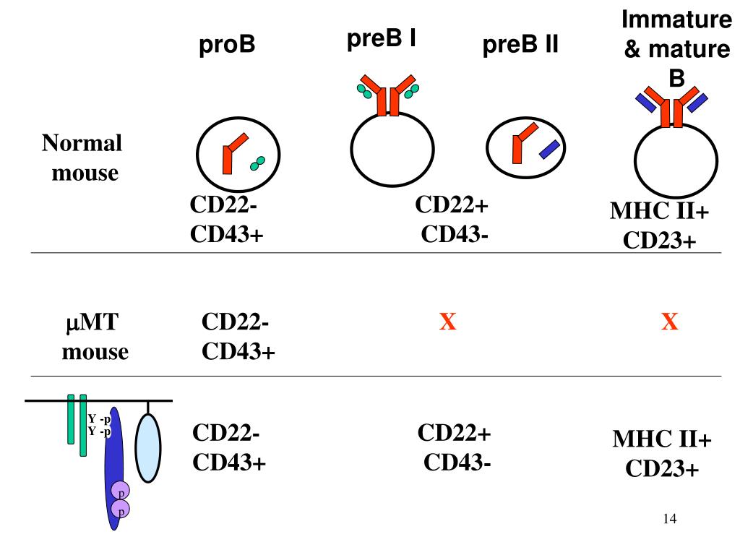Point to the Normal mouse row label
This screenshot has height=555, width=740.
[82, 158]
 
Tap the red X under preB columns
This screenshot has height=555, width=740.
[448, 322]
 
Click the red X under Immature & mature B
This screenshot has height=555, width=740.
[670, 322]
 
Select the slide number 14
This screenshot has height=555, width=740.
[668, 519]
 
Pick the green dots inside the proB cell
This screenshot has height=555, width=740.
[257, 163]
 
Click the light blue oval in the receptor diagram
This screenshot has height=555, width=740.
[148, 448]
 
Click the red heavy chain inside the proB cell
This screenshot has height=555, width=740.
[231, 152]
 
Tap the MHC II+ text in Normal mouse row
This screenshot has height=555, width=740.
[660, 212]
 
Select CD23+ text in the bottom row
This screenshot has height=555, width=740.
[662, 469]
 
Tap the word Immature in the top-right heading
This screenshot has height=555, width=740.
[676, 20]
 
